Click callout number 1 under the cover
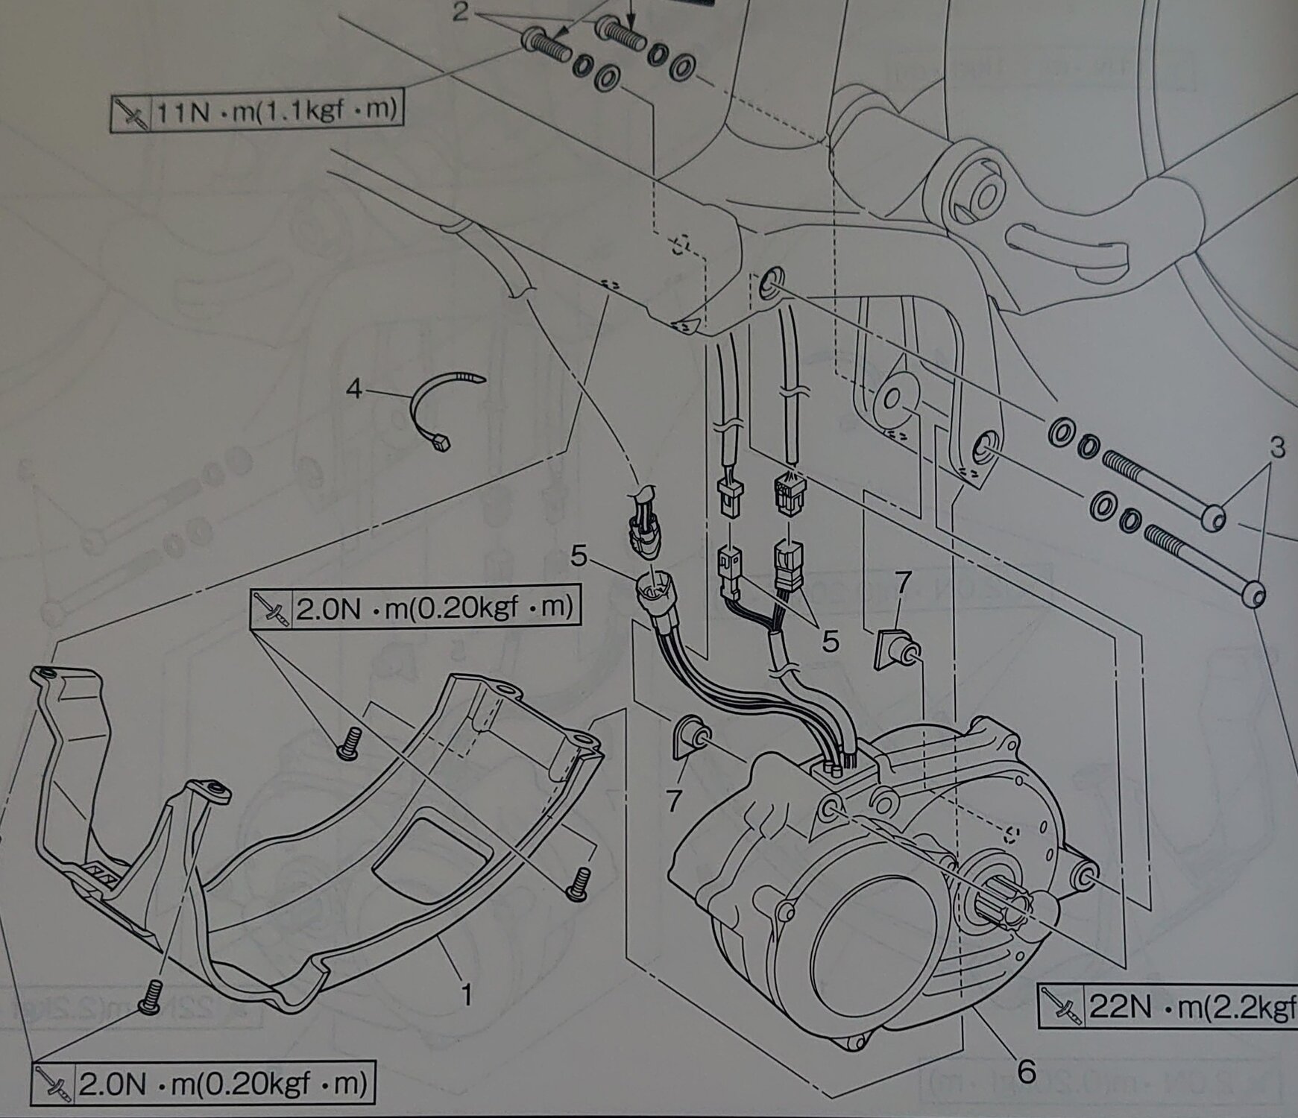pos(466,994)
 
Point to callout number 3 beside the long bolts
pos(1277,448)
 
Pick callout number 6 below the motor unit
pos(1027,1072)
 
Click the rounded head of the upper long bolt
pos(1215,517)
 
